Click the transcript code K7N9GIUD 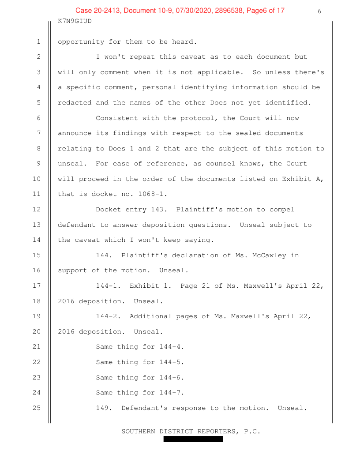tap(75, 21)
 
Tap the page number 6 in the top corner tap(319, 11)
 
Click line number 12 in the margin tap(38, 210)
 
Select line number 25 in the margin tap(38, 408)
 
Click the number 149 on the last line tap(103, 408)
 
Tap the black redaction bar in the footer tap(193, 439)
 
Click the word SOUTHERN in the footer tap(138, 431)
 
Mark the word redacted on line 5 tap(75, 103)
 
